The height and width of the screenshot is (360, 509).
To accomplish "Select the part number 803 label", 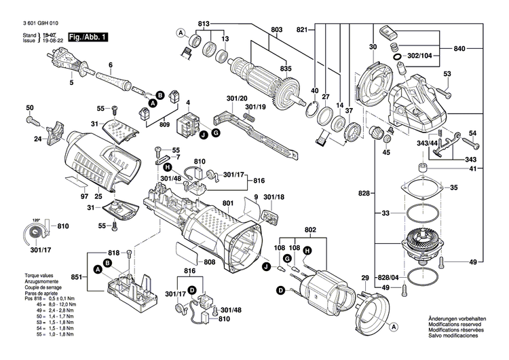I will [276, 30].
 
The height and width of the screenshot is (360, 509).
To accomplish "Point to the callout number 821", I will [302, 30].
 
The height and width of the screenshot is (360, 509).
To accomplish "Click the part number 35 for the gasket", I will [453, 187].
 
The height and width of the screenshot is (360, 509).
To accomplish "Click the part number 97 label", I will [84, 196].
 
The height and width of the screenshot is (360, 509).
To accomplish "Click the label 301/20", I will [238, 98].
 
